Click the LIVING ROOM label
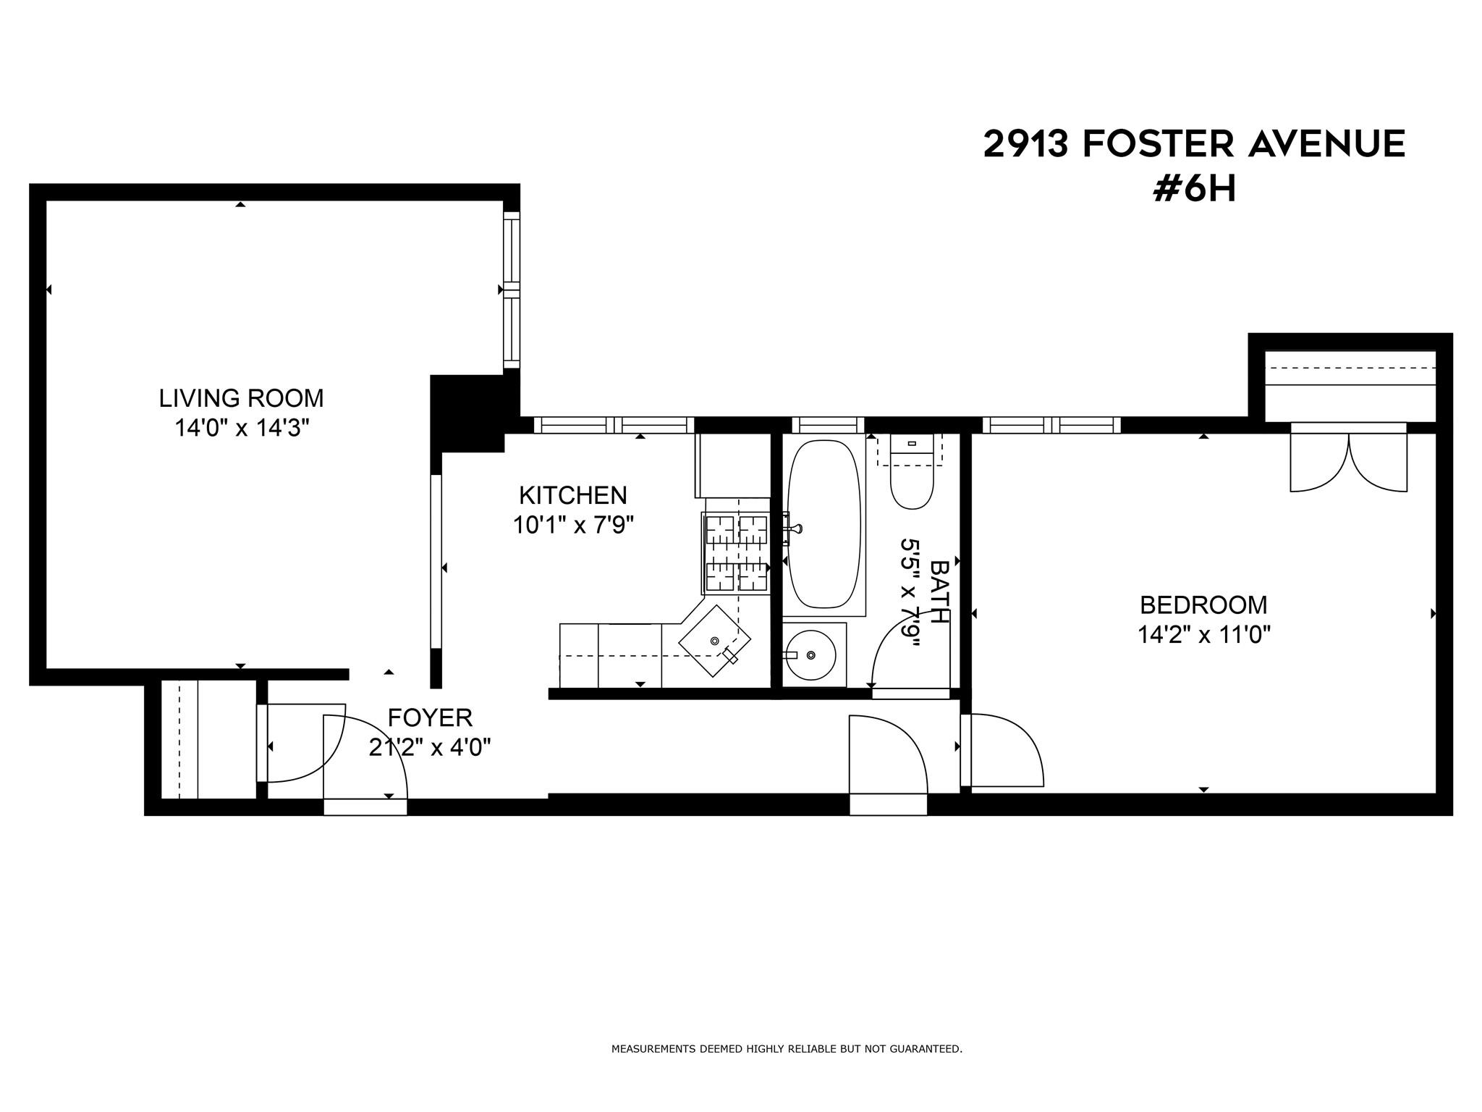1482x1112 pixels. coord(241,398)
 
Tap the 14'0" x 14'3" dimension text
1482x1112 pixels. coord(241,429)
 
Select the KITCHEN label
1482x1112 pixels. coord(572,495)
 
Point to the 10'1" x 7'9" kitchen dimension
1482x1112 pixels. coord(572,525)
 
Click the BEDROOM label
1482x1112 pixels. coord(1203,605)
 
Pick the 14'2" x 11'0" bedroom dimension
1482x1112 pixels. coord(1203,635)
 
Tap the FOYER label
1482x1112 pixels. coord(430,717)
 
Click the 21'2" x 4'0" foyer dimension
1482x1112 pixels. coord(430,747)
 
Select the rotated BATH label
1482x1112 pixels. coord(939,591)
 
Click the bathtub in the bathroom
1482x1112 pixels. coord(823,525)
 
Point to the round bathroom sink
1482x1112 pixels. coord(811,654)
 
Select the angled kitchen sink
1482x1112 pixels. coord(714,641)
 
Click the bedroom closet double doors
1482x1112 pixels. coord(1349,463)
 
